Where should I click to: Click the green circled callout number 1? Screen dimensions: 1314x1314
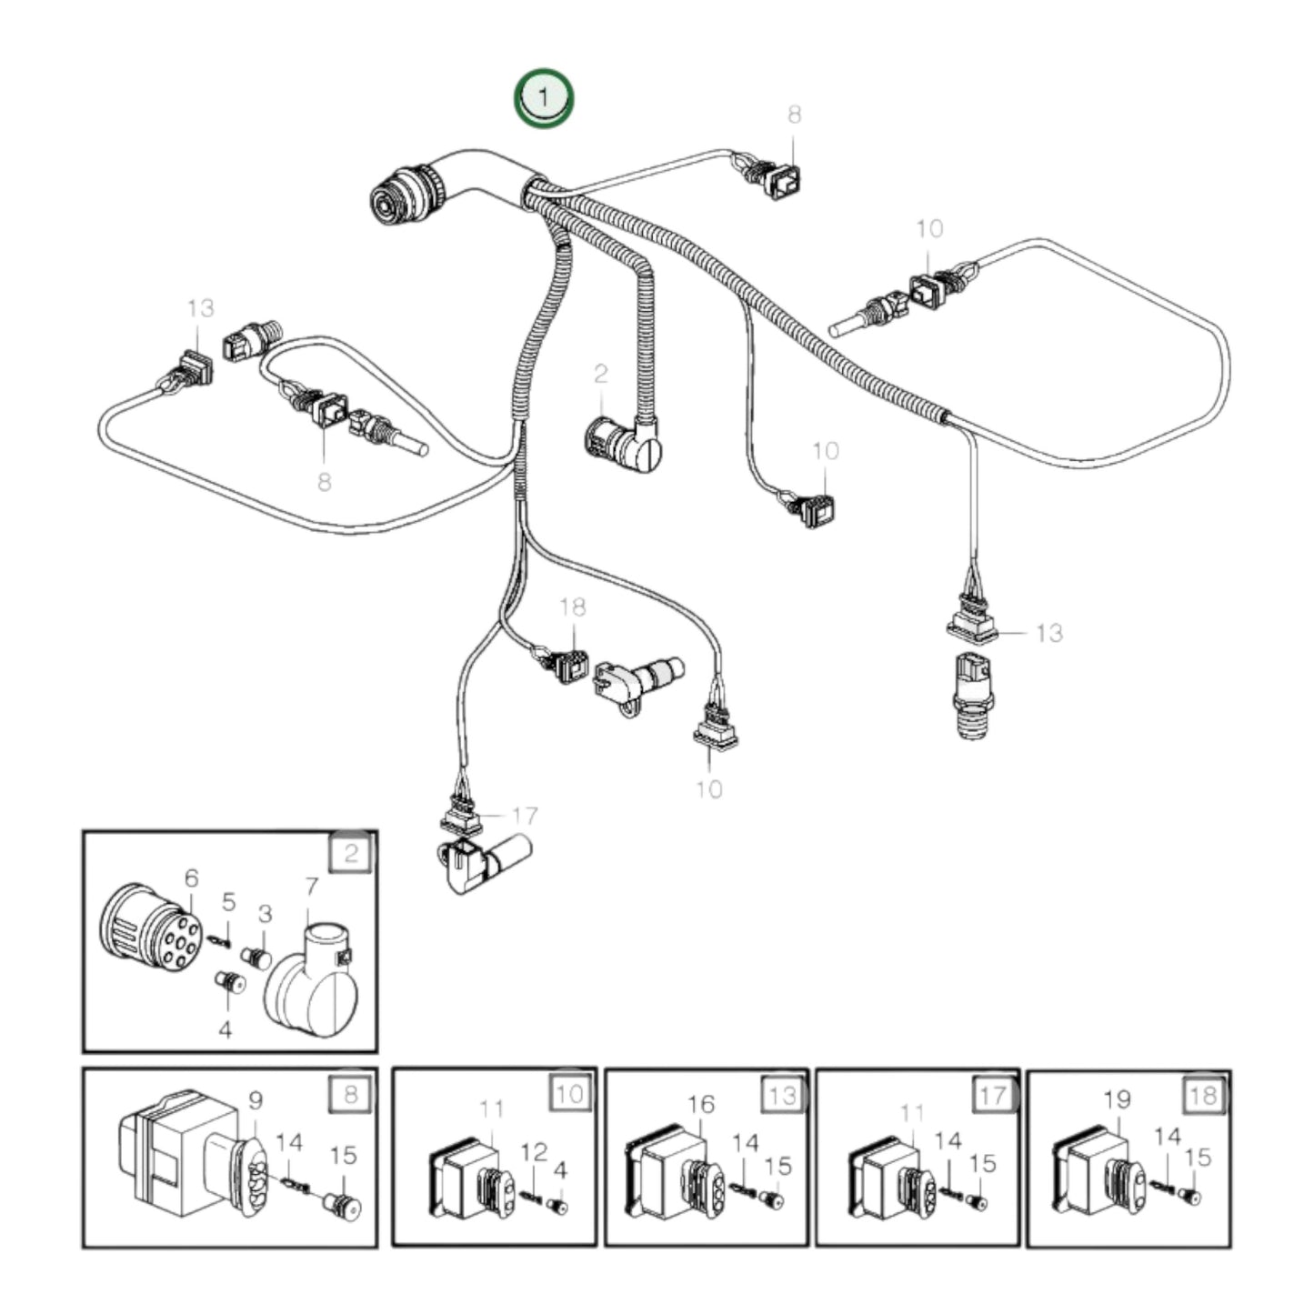point(543,95)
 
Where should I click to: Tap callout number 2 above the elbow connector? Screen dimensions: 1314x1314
point(600,373)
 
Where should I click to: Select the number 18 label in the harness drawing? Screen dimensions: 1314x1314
point(573,607)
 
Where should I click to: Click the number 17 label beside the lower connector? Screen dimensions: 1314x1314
point(526,816)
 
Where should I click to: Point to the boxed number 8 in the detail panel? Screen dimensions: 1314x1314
point(351,1093)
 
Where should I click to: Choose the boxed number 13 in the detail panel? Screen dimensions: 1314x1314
point(782,1094)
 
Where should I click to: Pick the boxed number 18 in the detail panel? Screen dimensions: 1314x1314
point(1203,1094)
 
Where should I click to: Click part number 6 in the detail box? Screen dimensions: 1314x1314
point(191,878)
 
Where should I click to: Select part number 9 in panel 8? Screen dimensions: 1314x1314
point(256,1100)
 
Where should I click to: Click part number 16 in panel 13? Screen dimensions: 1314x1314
point(701,1104)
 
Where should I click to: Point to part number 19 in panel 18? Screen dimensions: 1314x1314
point(1117,1099)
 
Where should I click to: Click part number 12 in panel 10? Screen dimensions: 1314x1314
point(534,1152)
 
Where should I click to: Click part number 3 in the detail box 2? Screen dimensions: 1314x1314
point(265,913)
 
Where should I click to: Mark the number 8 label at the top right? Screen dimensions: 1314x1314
point(794,115)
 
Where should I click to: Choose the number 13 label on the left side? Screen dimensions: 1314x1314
point(200,308)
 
